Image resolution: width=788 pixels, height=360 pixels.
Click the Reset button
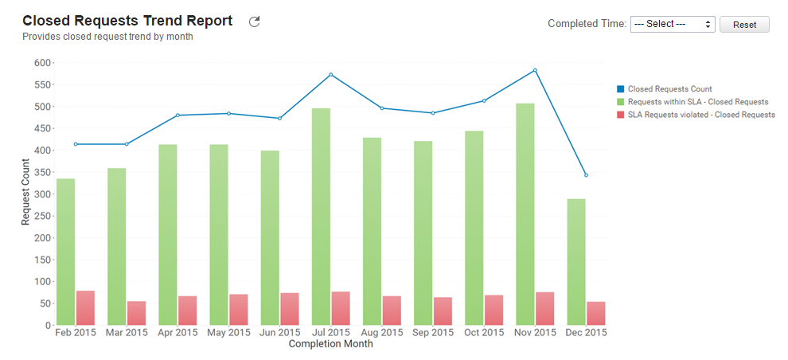744,25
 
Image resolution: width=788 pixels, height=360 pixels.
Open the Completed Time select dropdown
673,24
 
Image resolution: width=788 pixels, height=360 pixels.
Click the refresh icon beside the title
255,22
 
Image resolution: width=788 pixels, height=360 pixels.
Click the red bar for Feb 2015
85,307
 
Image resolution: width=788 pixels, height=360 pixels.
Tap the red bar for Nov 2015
545,308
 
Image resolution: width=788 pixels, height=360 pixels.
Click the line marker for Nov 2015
535,70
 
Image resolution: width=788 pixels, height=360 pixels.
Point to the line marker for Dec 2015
586,175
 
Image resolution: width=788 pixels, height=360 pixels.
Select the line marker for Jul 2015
331,75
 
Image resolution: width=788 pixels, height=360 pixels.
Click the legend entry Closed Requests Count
669,89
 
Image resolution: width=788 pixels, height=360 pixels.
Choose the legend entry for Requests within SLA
697,102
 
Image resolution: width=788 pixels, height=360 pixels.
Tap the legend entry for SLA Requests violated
701,115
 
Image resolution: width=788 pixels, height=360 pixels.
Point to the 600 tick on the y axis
42,63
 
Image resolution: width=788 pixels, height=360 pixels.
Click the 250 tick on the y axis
42,216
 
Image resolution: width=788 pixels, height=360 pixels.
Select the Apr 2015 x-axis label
177,333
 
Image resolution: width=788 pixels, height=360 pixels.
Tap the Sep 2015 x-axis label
433,333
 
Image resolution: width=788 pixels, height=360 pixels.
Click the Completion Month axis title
330,345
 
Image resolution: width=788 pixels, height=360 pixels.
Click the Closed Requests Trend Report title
127,21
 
